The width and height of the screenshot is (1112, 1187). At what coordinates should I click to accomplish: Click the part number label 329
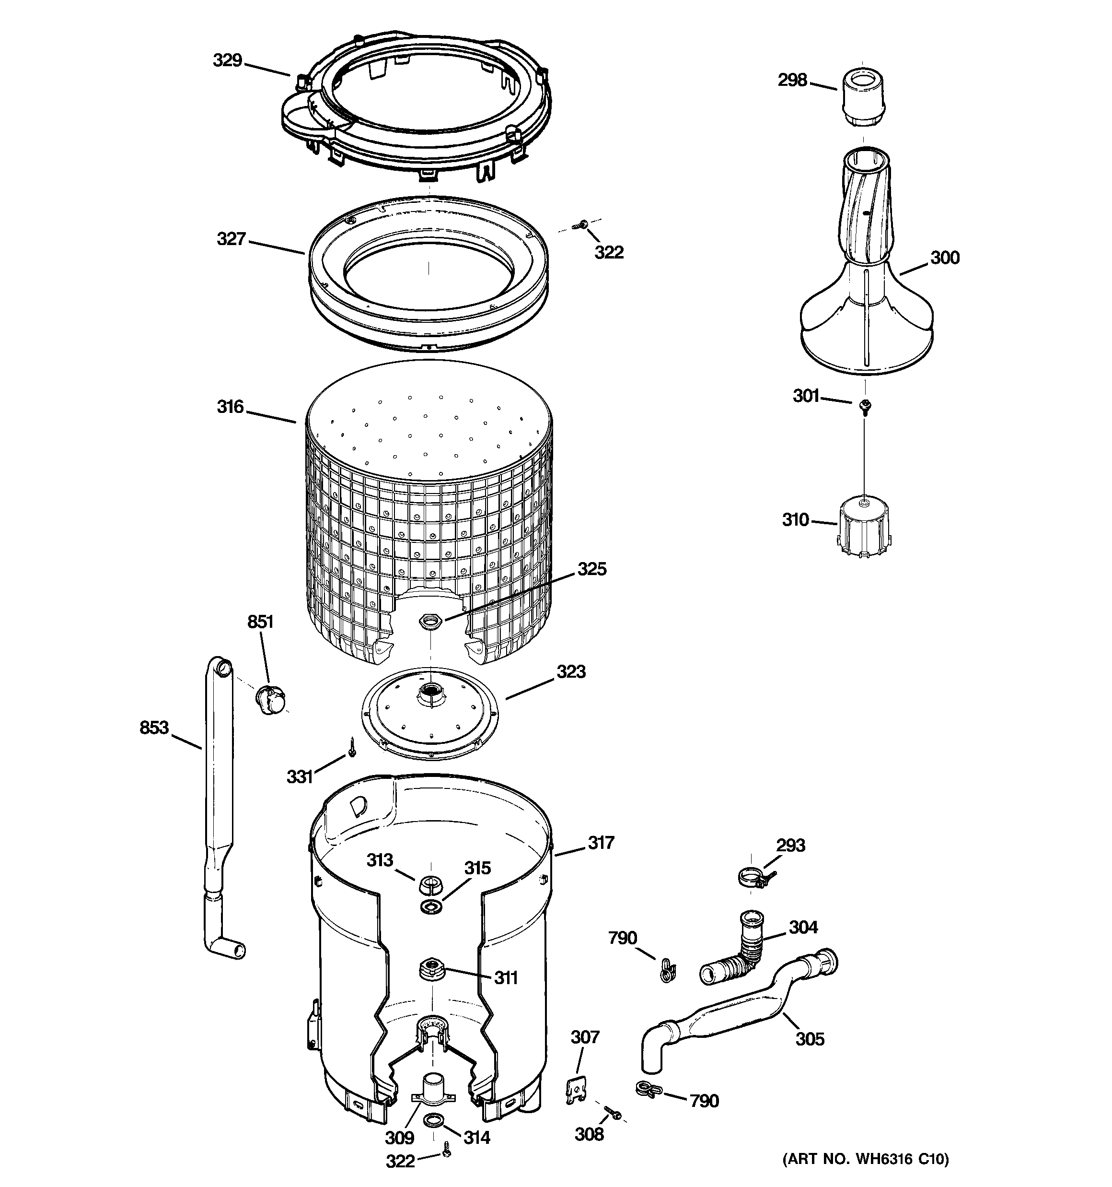[x=227, y=60]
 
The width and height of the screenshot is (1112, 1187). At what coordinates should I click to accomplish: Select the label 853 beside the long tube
[x=154, y=728]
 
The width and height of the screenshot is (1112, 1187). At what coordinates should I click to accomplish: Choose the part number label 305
[x=810, y=1039]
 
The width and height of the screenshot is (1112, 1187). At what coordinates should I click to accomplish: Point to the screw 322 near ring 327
[x=580, y=225]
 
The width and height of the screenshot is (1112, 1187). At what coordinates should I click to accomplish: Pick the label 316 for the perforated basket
[x=231, y=407]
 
